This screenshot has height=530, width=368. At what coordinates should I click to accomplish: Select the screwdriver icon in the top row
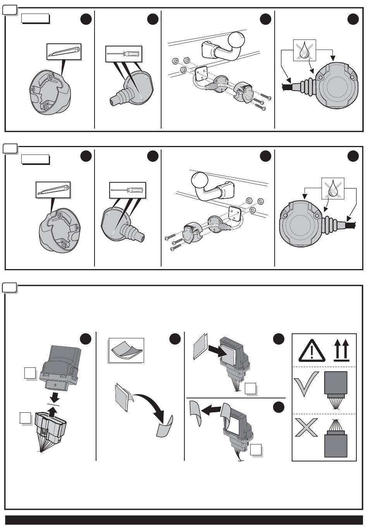(124, 54)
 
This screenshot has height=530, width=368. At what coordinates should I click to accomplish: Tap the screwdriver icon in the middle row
(127, 190)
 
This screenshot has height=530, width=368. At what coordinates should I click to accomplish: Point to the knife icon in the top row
(64, 52)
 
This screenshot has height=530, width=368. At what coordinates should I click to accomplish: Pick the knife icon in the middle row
(53, 189)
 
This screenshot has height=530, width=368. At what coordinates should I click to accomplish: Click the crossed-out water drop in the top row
(304, 50)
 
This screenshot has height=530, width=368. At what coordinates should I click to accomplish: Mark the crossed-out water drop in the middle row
(333, 189)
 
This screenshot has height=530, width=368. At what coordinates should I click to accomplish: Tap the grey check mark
(306, 384)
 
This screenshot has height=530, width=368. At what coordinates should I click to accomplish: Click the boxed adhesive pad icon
(126, 350)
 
